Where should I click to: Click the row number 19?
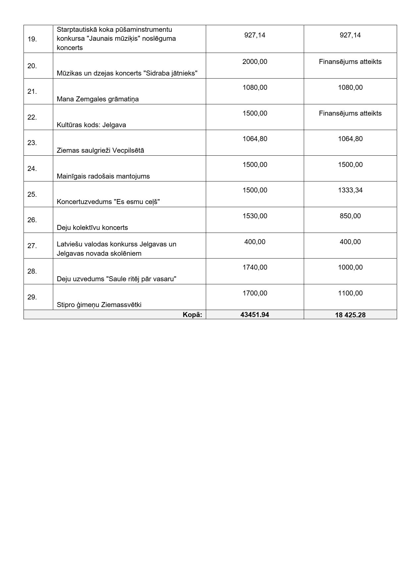pyautogui.click(x=32, y=39)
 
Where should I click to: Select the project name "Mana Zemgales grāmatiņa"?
pyautogui.click(x=97, y=99)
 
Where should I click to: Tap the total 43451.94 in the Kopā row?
pyautogui.click(x=255, y=315)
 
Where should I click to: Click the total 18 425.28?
pyautogui.click(x=350, y=315)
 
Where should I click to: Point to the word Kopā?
pyautogui.click(x=192, y=315)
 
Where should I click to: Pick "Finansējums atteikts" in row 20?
pyautogui.click(x=350, y=62)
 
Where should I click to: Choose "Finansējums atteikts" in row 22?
pyautogui.click(x=350, y=113)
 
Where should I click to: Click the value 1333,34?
pyautogui.click(x=350, y=190)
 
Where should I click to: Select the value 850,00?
pyautogui.click(x=350, y=216)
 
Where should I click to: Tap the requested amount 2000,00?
pyautogui.click(x=255, y=62)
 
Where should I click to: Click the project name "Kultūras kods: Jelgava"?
pyautogui.click(x=91, y=125)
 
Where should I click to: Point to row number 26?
pyautogui.click(x=32, y=220)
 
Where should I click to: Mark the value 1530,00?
pyautogui.click(x=255, y=216)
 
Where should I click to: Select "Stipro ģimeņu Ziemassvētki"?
pyautogui.click(x=99, y=305)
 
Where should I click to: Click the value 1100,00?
pyautogui.click(x=350, y=293)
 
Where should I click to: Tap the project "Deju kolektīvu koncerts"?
pyautogui.click(x=92, y=228)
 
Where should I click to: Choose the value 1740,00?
pyautogui.click(x=255, y=267)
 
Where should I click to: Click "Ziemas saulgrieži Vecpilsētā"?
pyautogui.click(x=100, y=150)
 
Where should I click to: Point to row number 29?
pyautogui.click(x=32, y=297)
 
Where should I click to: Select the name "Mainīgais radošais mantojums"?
pyautogui.click(x=103, y=176)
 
